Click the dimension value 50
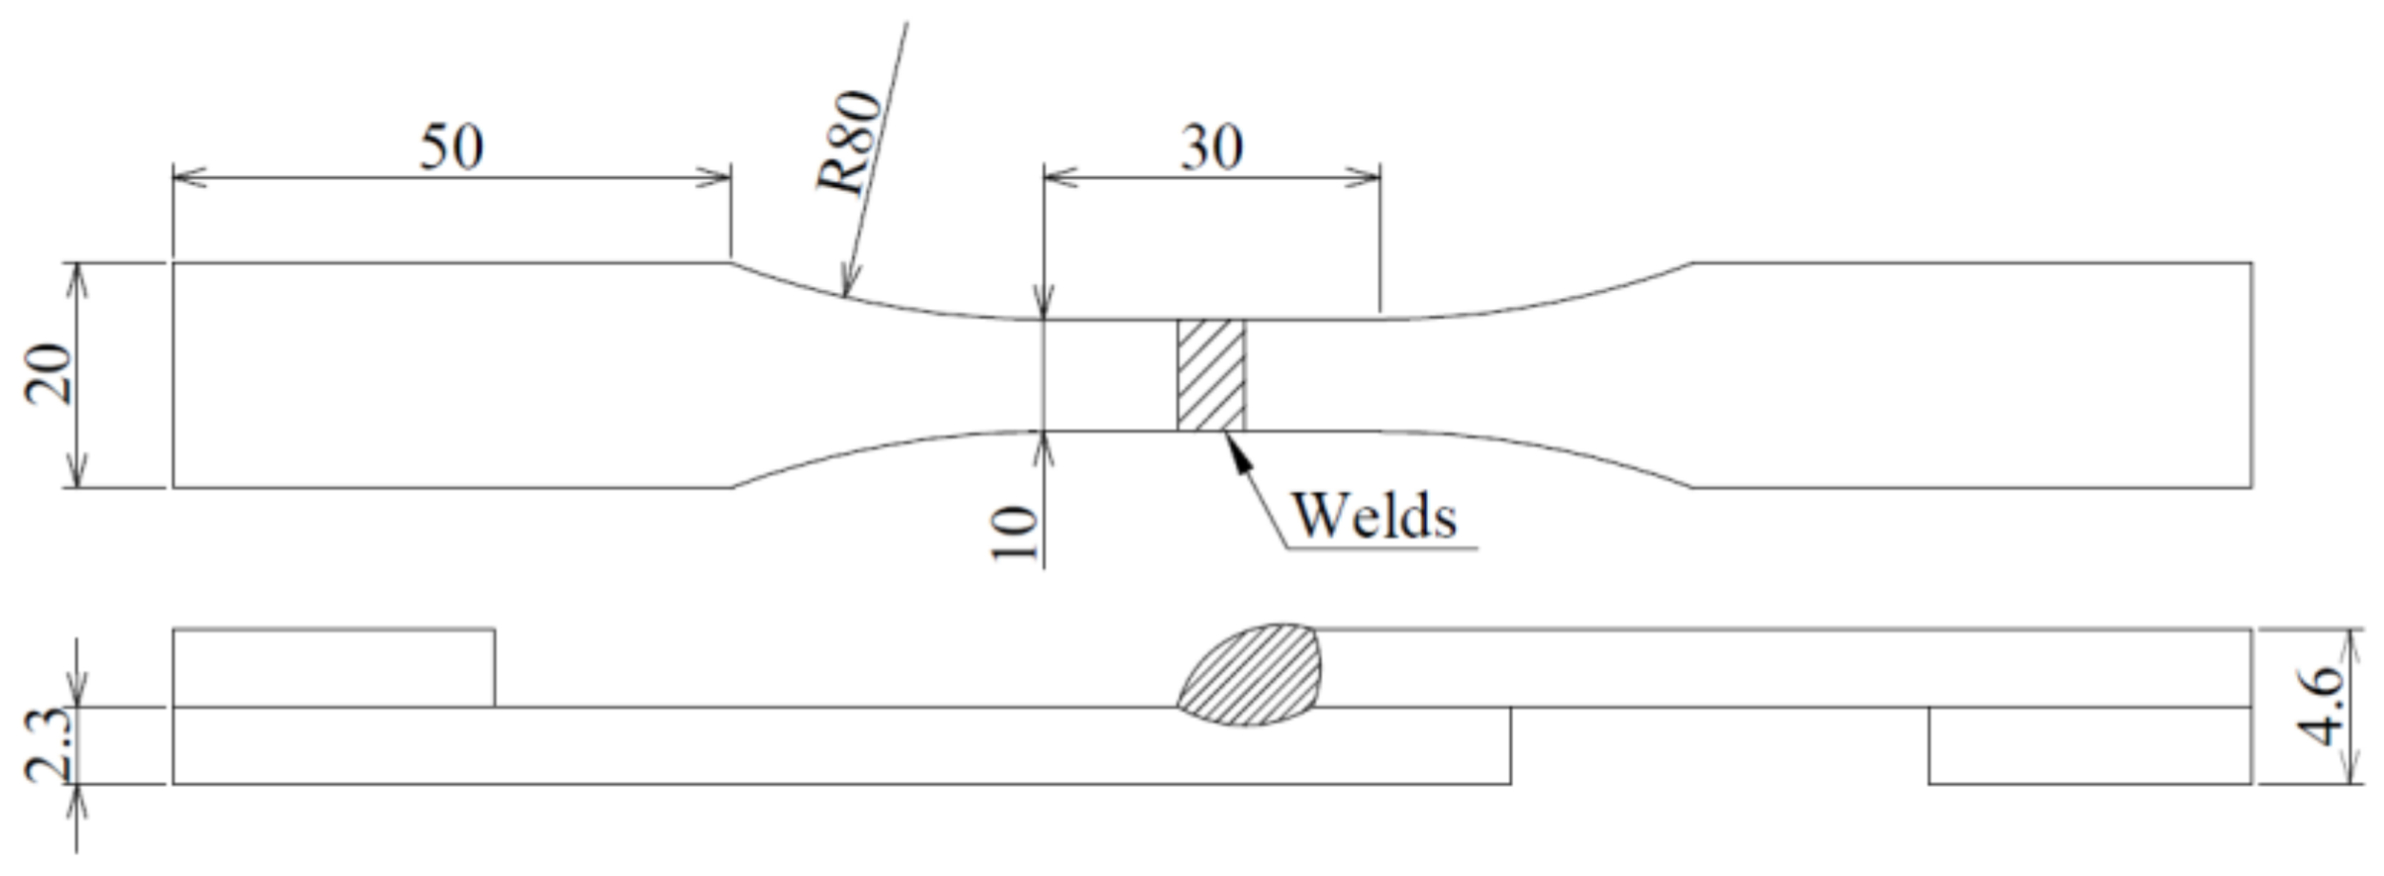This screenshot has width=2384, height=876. point(452,148)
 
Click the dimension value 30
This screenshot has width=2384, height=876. point(1212,148)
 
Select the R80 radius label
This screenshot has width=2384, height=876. point(850,142)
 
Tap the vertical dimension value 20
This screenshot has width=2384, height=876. point(48,374)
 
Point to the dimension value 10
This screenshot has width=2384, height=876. point(1014,532)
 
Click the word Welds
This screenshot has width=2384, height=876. point(1374,516)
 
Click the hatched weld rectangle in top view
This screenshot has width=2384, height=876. point(1211,375)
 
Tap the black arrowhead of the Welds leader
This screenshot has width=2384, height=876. point(1236,452)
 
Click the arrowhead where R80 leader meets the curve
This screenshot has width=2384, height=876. point(846,284)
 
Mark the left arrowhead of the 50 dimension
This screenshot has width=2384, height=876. point(188,177)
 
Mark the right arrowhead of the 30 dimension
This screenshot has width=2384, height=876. point(1366,177)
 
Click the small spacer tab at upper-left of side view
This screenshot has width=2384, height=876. point(333,668)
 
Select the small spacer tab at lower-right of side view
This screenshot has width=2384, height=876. point(2089,746)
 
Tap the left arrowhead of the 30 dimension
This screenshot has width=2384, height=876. point(1058,177)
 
